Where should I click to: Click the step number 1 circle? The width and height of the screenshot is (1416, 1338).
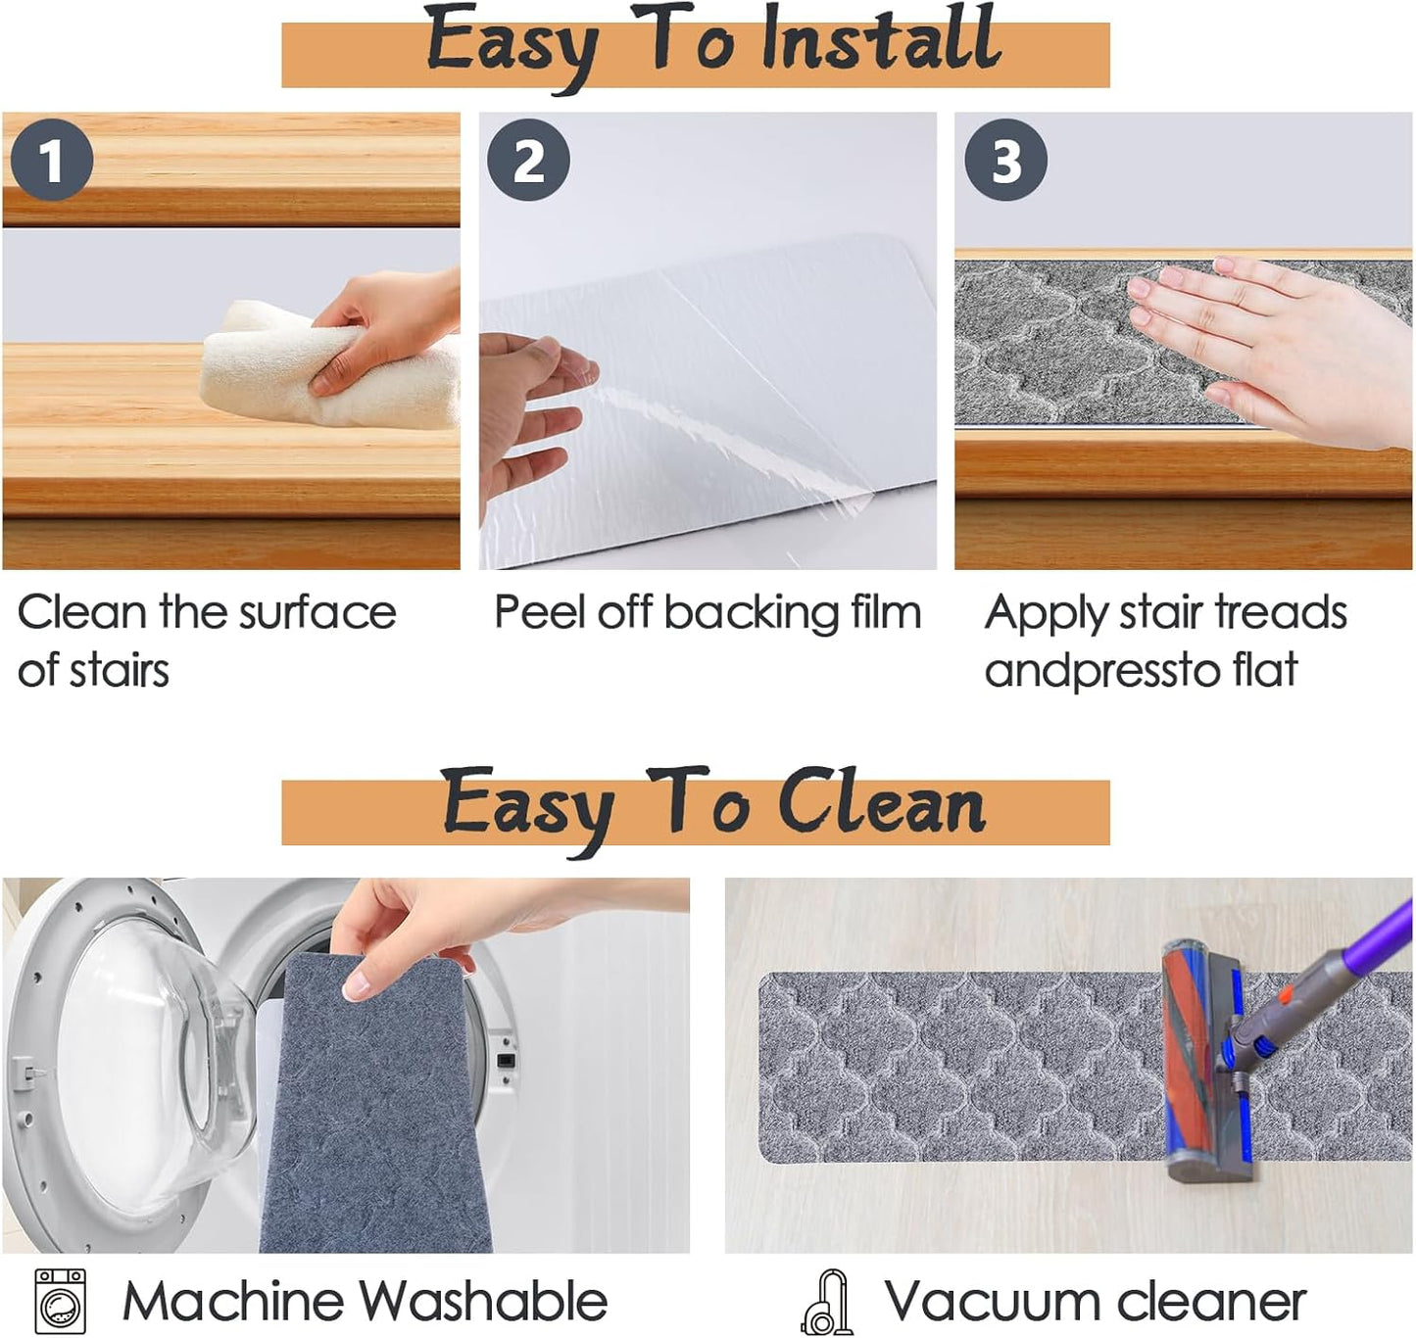click(x=52, y=160)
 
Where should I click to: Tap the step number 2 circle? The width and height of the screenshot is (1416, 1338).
click(x=528, y=160)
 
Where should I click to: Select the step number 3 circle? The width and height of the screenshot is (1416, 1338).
click(x=1005, y=160)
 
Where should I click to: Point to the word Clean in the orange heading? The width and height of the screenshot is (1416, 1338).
click(x=881, y=804)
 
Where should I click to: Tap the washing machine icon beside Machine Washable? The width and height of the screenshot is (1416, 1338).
click(x=61, y=1301)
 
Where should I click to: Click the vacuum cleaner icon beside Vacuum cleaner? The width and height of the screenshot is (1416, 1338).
click(x=828, y=1301)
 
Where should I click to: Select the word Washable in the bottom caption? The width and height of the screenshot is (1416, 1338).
click(x=483, y=1301)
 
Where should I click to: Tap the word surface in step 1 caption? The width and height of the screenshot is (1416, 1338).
click(x=317, y=613)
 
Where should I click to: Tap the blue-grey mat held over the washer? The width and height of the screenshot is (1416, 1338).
click(x=374, y=1102)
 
